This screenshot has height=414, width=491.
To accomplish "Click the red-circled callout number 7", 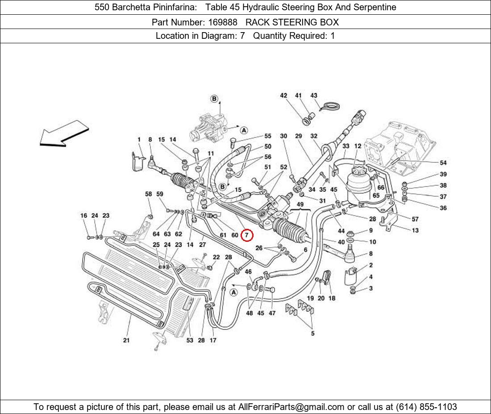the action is tap(247, 235).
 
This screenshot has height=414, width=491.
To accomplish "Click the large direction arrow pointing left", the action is tap(64, 134).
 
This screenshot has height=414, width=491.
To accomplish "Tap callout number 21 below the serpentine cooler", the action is tap(126, 340).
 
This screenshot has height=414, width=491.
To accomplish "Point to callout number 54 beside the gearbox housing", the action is tap(443, 163).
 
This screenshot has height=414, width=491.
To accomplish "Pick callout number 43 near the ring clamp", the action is tap(314, 95).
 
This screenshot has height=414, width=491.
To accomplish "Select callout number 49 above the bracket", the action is tap(300, 205).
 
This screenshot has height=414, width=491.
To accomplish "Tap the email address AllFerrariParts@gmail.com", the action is tap(291, 407).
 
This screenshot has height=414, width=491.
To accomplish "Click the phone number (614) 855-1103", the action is tap(426, 407).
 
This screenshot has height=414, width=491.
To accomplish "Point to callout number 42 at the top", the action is tap(283, 95).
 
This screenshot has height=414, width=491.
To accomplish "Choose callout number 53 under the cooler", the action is tap(190, 340).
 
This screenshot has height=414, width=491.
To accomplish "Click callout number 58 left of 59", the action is tap(149, 194).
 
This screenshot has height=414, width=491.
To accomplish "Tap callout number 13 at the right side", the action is tap(415, 231).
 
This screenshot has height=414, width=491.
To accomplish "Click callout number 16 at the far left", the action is tap(83, 215).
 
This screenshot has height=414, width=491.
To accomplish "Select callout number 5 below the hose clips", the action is tap(312, 334).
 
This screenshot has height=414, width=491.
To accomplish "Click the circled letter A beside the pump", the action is tap(244, 130).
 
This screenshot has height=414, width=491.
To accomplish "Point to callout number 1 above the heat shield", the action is tap(139, 140).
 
